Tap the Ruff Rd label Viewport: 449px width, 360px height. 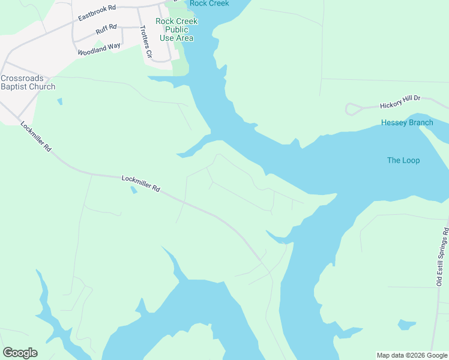click(106, 29)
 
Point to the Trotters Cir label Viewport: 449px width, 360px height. click(145, 43)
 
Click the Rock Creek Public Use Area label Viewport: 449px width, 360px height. click(176, 29)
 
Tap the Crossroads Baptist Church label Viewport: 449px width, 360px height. click(28, 82)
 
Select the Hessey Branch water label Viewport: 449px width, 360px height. click(407, 123)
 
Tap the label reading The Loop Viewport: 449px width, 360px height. click(403, 160)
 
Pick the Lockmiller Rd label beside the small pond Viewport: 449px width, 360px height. click(140, 183)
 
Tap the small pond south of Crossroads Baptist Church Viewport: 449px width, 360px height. click(59, 101)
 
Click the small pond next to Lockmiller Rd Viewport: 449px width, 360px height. click(133, 191)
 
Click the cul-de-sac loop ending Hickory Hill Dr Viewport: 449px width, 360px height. click(352, 109)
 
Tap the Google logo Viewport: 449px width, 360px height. click(20, 353)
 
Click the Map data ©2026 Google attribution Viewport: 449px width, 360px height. click(412, 355)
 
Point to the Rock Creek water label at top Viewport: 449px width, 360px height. click(209, 4)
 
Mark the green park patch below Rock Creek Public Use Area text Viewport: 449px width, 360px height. click(180, 66)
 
